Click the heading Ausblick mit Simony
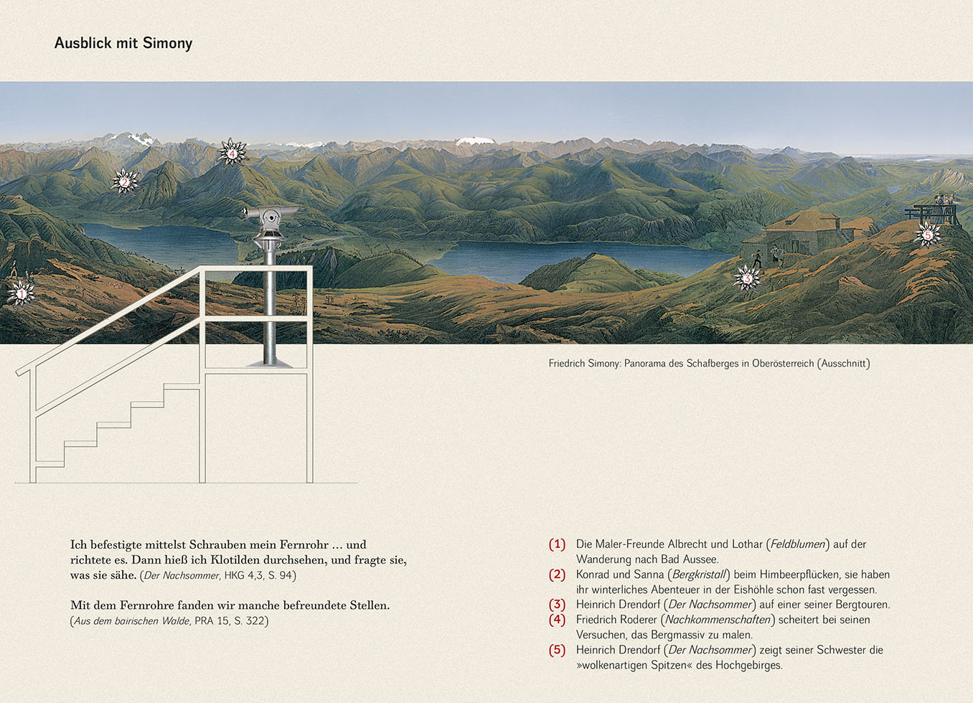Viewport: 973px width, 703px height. click(123, 43)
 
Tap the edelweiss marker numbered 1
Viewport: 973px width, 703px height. click(21, 293)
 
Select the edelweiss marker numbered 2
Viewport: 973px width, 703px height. click(124, 181)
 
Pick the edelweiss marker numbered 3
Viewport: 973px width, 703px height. click(746, 278)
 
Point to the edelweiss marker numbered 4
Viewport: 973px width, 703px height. click(232, 152)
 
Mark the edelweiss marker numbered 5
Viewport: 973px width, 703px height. click(927, 234)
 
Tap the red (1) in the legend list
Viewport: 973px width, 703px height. click(557, 544)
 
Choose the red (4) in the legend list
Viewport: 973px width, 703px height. click(557, 620)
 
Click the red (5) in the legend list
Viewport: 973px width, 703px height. click(557, 650)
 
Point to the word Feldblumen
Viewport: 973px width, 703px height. click(798, 544)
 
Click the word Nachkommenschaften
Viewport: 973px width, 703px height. click(718, 620)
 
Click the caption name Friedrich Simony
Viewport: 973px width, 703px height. click(584, 364)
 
